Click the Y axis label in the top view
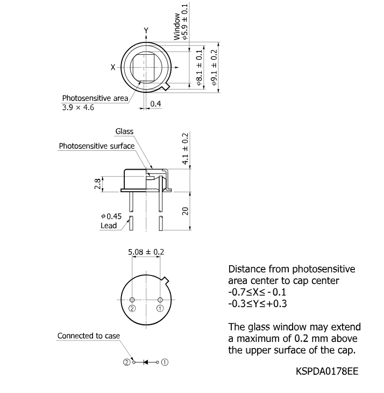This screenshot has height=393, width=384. (146, 31)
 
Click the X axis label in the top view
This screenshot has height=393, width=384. (113, 67)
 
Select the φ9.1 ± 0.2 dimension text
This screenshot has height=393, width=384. (214, 67)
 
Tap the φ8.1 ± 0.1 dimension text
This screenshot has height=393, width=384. (199, 67)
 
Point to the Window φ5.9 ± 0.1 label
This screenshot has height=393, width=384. (181, 22)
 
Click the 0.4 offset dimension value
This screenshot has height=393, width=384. (155, 104)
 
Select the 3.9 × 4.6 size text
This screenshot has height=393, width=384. (78, 107)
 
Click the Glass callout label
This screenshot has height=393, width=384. (124, 132)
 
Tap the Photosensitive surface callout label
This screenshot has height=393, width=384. (97, 146)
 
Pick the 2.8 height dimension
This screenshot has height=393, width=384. (98, 184)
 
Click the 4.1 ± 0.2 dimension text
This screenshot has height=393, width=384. (185, 149)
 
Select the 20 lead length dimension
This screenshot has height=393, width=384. (185, 211)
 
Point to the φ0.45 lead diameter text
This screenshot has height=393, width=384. (111, 216)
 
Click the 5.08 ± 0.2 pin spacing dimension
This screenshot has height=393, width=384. (146, 252)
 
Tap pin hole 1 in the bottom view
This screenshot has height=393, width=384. (160, 300)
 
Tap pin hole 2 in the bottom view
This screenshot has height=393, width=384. (132, 300)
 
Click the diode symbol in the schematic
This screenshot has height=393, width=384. (146, 362)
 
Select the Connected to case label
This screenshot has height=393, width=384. (89, 336)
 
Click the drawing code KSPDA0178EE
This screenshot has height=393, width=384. (327, 371)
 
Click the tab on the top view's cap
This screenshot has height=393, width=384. (166, 86)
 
